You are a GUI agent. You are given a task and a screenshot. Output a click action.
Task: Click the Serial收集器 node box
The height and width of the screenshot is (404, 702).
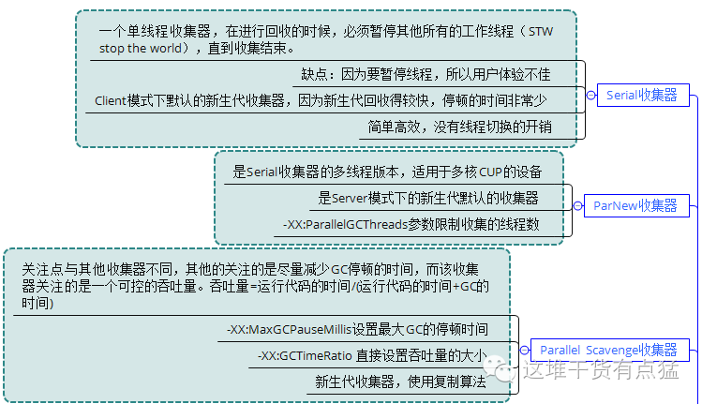(x=642, y=96)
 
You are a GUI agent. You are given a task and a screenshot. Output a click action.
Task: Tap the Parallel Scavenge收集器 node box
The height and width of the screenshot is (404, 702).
(x=608, y=350)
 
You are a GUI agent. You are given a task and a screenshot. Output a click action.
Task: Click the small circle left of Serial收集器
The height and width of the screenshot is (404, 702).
(x=591, y=96)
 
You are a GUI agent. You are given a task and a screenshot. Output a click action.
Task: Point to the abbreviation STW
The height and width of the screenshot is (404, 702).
(x=541, y=32)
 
